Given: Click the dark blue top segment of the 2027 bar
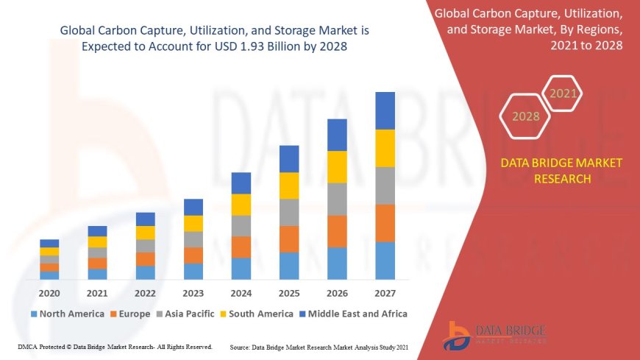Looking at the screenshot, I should click(385, 110).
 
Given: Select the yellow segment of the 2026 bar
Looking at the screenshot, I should click(337, 167).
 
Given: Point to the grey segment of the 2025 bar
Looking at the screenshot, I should click(289, 212).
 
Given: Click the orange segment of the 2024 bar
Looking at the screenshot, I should click(241, 247).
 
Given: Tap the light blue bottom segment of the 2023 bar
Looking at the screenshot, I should click(193, 271).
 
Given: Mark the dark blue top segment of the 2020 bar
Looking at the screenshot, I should click(49, 243).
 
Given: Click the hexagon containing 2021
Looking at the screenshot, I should click(563, 93).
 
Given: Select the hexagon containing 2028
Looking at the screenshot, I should click(526, 116).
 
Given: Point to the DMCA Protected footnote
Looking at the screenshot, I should click(114, 346).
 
